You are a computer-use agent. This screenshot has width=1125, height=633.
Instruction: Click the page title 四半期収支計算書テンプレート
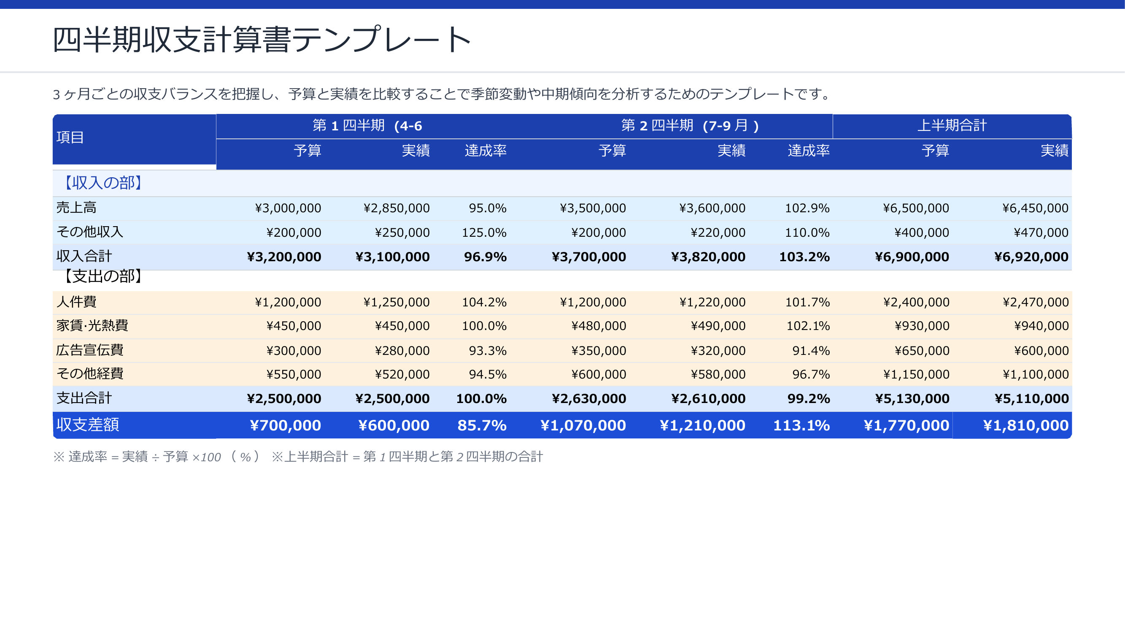(261, 39)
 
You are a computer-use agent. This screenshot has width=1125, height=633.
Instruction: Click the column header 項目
(70, 137)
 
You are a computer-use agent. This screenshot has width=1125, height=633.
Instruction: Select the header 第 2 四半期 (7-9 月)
(690, 126)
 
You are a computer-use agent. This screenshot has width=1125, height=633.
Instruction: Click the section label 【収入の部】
(103, 183)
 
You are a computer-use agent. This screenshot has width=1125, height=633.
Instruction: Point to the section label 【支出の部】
(103, 276)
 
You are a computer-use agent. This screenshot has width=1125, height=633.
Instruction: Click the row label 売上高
(76, 208)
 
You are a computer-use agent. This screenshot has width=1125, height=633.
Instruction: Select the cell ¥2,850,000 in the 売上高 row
(396, 208)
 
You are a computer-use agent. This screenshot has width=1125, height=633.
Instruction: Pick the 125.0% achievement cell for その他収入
(484, 233)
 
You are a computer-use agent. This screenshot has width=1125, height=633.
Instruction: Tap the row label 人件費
(76, 301)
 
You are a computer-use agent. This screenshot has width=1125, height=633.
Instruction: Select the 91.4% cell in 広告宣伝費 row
(811, 350)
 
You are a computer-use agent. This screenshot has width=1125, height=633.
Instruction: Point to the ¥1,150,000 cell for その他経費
(916, 374)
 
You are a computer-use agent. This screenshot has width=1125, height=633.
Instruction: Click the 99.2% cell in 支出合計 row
(808, 398)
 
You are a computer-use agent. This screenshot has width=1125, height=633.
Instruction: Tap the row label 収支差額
(87, 425)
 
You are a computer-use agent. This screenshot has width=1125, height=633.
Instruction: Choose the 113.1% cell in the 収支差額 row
(801, 425)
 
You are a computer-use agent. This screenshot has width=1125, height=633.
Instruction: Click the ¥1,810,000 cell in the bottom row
(1025, 425)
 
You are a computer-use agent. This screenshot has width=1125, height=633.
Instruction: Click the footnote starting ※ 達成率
(157, 457)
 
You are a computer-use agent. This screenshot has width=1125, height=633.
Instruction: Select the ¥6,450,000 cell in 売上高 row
(1035, 208)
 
